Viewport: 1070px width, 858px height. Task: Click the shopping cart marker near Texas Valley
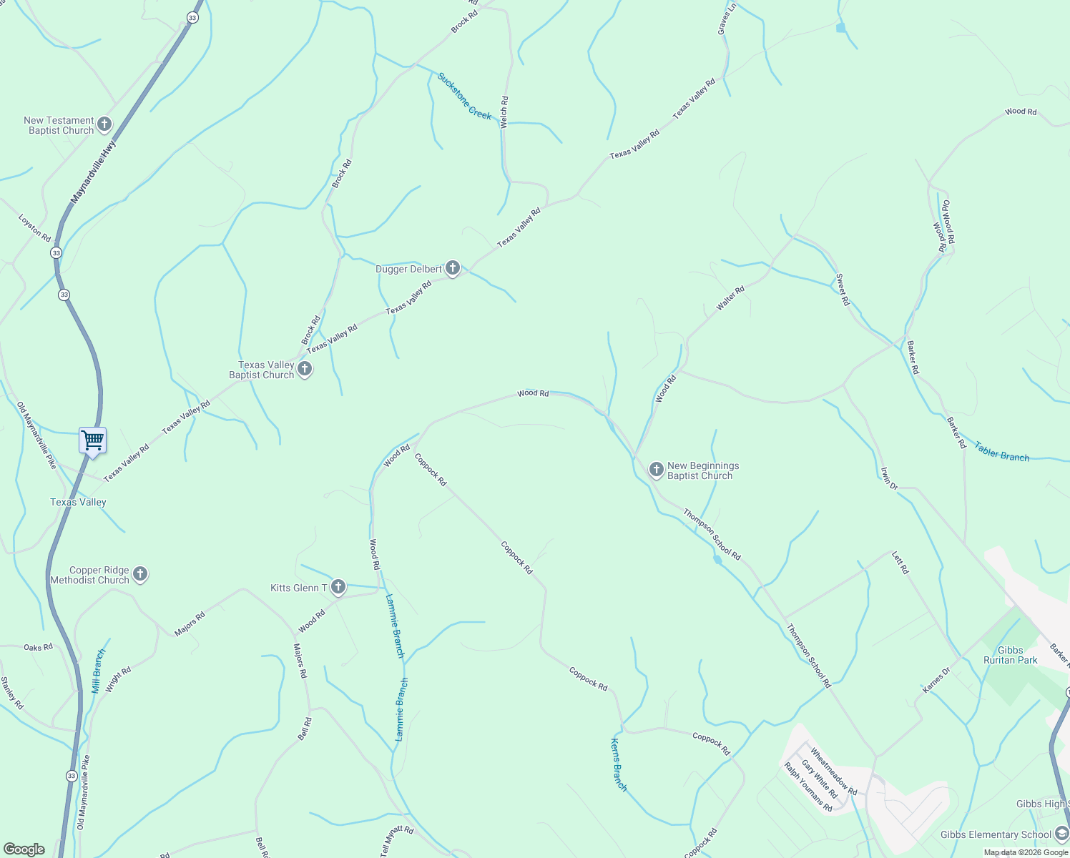point(93,440)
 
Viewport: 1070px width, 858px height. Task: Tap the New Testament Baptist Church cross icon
point(104,125)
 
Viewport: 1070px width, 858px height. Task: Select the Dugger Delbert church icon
point(452,269)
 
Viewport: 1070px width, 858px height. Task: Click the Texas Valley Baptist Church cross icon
point(305,370)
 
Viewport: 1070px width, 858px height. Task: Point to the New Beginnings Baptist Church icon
point(656,470)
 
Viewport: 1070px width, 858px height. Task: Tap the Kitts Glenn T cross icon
point(338,588)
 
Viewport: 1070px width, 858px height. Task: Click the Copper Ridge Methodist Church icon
point(140,574)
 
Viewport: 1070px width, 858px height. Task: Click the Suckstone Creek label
point(465,96)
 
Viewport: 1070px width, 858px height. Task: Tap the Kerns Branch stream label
point(619,765)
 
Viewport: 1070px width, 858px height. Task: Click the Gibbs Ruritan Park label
point(1010,655)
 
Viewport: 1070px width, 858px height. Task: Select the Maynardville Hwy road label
point(94,172)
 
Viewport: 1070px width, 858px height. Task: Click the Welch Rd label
point(504,112)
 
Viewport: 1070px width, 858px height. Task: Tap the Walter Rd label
point(730,298)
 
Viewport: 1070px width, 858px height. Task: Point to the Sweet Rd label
point(843,290)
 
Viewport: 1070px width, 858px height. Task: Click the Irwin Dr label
point(888,478)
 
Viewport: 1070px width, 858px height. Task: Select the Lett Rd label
point(900,563)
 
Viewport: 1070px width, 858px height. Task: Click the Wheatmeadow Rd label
point(833,772)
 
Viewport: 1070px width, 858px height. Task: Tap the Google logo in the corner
point(24,849)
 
